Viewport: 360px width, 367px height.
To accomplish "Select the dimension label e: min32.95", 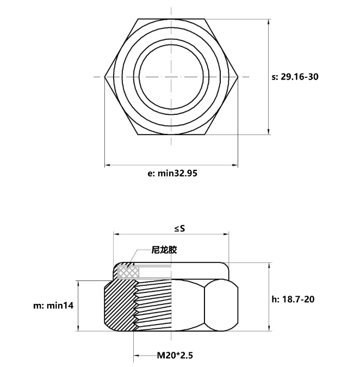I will click(x=172, y=174).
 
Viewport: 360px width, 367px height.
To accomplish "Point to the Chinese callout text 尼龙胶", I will click(x=164, y=250).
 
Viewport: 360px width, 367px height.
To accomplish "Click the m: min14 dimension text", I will click(x=53, y=306).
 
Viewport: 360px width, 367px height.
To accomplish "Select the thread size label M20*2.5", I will click(x=175, y=356).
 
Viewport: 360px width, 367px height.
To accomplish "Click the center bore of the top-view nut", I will click(x=171, y=77).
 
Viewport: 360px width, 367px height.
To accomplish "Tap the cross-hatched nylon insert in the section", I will click(x=127, y=271).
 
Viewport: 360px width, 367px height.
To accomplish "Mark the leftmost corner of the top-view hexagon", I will click(x=105, y=77).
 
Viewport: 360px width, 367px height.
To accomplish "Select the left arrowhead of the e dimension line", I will click(x=107, y=164).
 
